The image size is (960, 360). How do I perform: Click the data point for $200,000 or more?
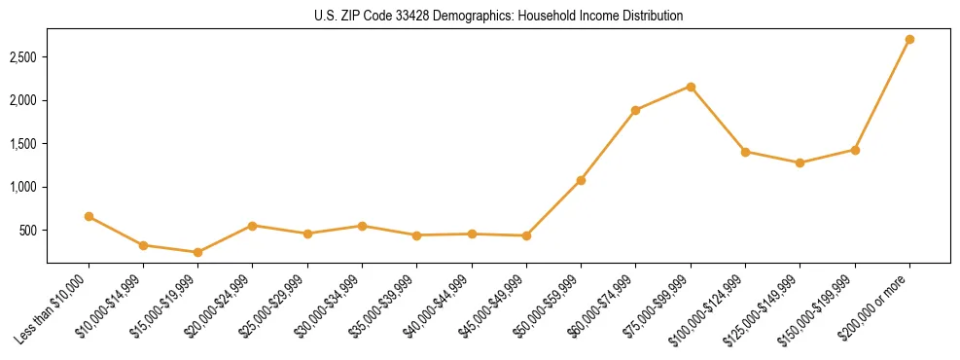tap(909, 40)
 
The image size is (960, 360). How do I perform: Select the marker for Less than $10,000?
tap(89, 216)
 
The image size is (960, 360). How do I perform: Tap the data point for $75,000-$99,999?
tap(691, 87)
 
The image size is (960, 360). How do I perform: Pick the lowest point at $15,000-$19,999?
tap(197, 252)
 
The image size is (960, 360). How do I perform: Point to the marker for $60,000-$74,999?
tap(635, 110)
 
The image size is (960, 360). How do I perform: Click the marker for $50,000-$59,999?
tap(581, 180)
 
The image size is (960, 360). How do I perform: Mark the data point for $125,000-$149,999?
tap(800, 162)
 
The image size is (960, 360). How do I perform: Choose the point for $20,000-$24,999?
tap(253, 226)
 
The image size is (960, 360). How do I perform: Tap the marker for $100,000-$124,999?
tap(745, 152)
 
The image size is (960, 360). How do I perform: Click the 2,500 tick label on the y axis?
tap(23, 57)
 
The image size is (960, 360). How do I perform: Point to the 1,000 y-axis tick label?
tap(23, 187)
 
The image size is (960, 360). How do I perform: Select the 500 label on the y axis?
tap(28, 231)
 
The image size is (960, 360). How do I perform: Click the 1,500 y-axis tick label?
tap(23, 144)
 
